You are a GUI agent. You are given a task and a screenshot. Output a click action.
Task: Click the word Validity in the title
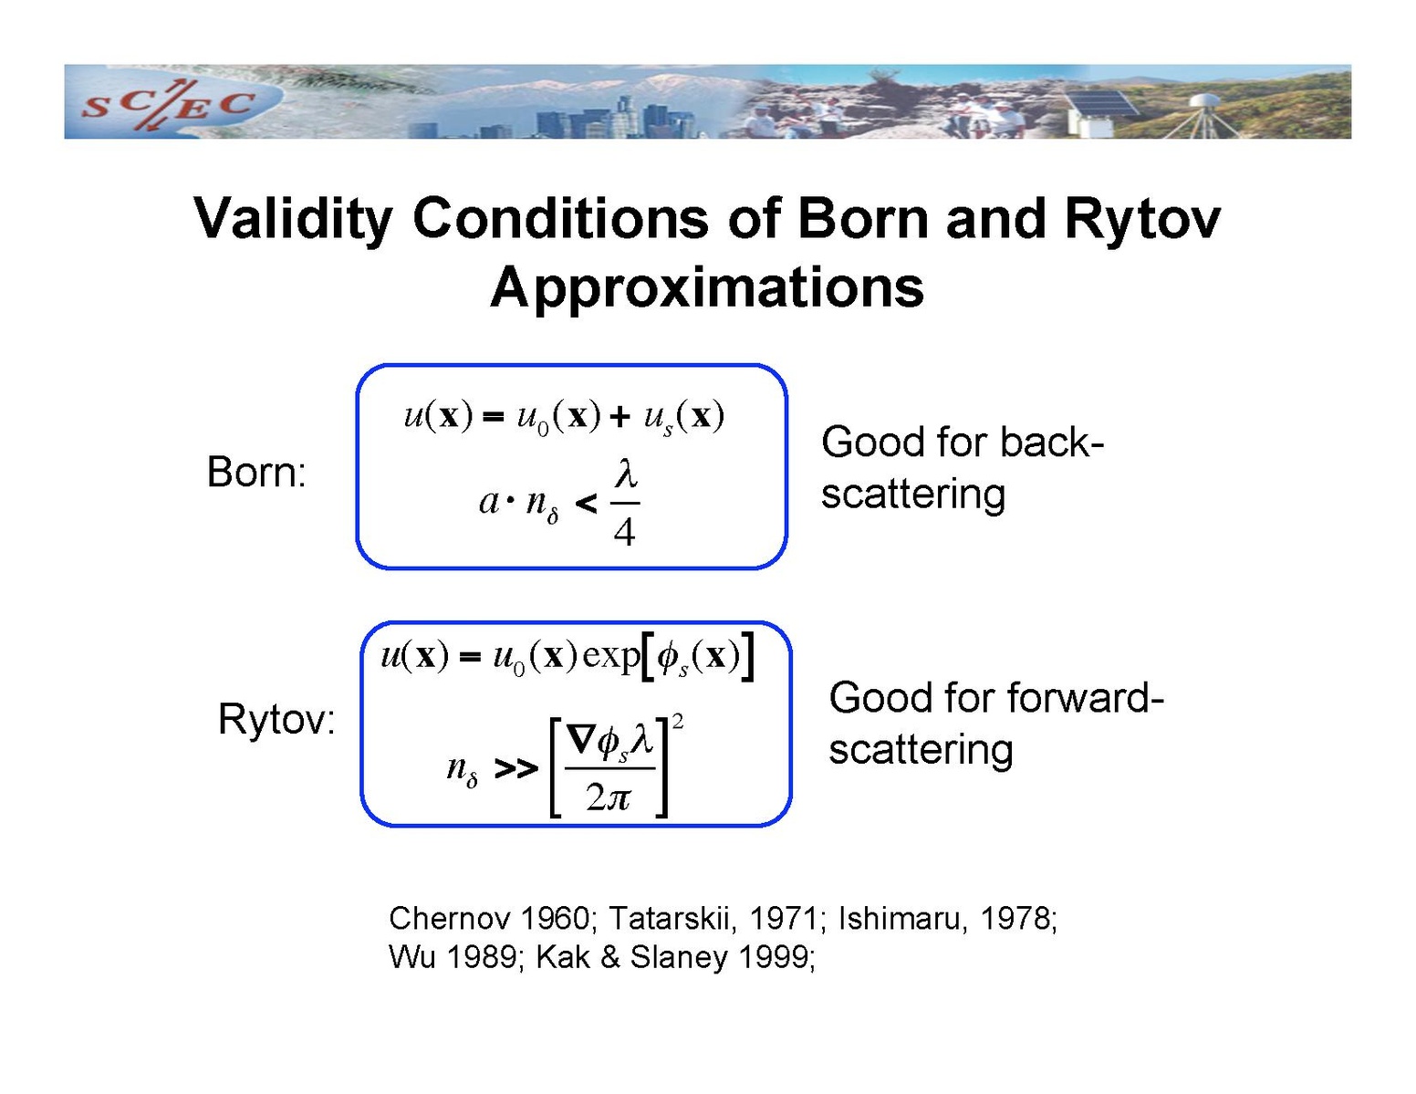point(293,220)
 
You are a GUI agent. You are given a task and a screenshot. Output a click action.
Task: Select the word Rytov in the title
point(1142,220)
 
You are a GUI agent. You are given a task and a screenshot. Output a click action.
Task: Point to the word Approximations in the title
point(707,288)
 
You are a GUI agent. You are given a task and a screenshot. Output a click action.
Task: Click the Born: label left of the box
point(256,471)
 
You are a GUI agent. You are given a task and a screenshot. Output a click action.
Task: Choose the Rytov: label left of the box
point(276,719)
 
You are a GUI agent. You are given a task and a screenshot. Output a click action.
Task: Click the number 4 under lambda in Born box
point(624,532)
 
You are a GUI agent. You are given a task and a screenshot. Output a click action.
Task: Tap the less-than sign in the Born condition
point(586,503)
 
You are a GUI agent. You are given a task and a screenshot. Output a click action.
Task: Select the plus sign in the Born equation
point(619,416)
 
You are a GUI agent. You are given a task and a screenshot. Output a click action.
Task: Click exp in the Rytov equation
point(610,655)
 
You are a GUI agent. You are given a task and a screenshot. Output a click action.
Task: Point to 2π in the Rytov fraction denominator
point(608,797)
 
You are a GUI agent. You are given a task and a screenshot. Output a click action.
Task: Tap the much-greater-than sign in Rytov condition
point(516,769)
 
